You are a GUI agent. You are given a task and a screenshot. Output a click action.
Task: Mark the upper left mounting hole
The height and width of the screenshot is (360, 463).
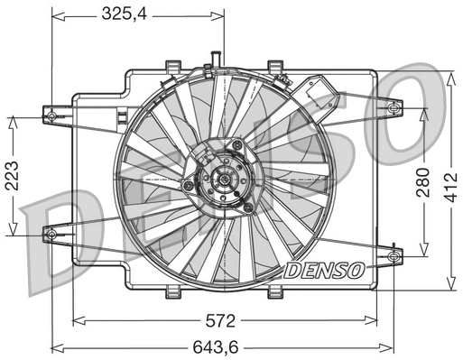tap(51, 115)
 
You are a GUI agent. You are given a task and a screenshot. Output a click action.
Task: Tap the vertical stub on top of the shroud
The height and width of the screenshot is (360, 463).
tap(215, 60)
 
